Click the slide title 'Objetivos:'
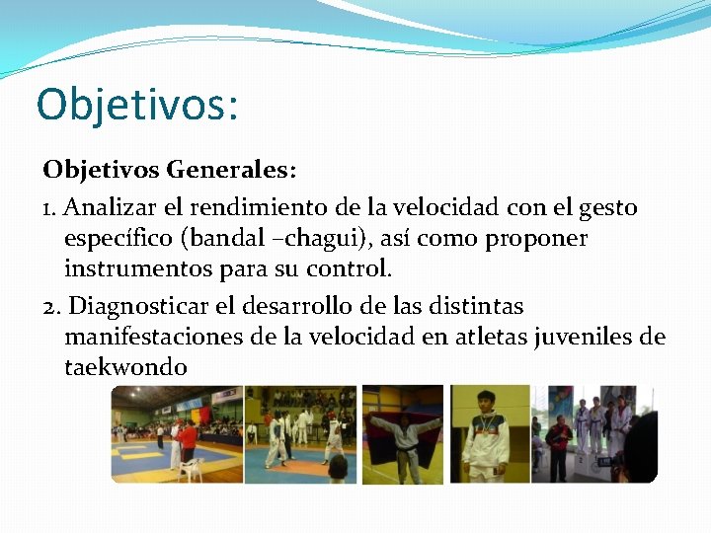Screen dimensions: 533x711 click(x=137, y=104)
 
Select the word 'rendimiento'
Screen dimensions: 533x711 click(x=248, y=207)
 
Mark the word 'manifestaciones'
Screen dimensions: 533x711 click(x=154, y=337)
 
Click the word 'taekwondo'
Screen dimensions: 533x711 click(x=125, y=367)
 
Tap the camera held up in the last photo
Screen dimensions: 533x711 click(x=603, y=460)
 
